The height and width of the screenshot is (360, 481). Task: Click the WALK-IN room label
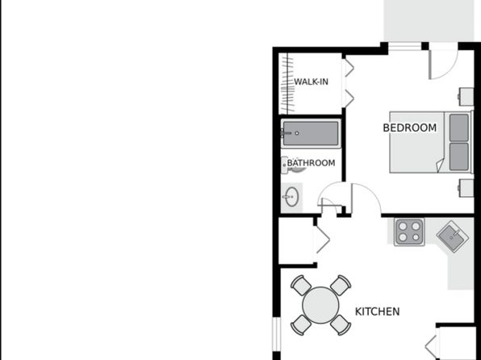(x=311, y=82)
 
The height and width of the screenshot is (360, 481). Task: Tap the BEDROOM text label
(x=410, y=128)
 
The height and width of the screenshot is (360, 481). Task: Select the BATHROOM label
(x=311, y=163)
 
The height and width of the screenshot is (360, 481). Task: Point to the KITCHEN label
(x=378, y=312)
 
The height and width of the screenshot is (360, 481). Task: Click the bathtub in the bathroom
(x=311, y=133)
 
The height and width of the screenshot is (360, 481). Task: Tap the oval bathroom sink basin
(x=291, y=196)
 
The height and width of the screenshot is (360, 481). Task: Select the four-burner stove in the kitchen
(x=409, y=232)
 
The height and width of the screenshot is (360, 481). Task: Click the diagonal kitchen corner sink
(x=453, y=237)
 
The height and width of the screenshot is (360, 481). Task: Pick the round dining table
(x=320, y=305)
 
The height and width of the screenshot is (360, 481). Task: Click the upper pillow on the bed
(x=459, y=128)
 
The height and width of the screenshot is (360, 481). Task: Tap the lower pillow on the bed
(x=459, y=157)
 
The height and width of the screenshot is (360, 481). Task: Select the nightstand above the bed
(x=466, y=97)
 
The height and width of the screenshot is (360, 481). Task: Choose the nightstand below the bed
(x=466, y=188)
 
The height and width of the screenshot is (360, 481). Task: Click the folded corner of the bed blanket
(x=440, y=165)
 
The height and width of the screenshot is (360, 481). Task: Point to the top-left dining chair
(x=301, y=285)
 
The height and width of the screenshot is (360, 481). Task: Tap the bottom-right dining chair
(x=341, y=324)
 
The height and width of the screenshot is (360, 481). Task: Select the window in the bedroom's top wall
(x=404, y=47)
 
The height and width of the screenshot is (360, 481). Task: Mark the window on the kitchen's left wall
(x=277, y=334)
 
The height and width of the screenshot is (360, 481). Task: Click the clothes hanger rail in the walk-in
(x=287, y=83)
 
